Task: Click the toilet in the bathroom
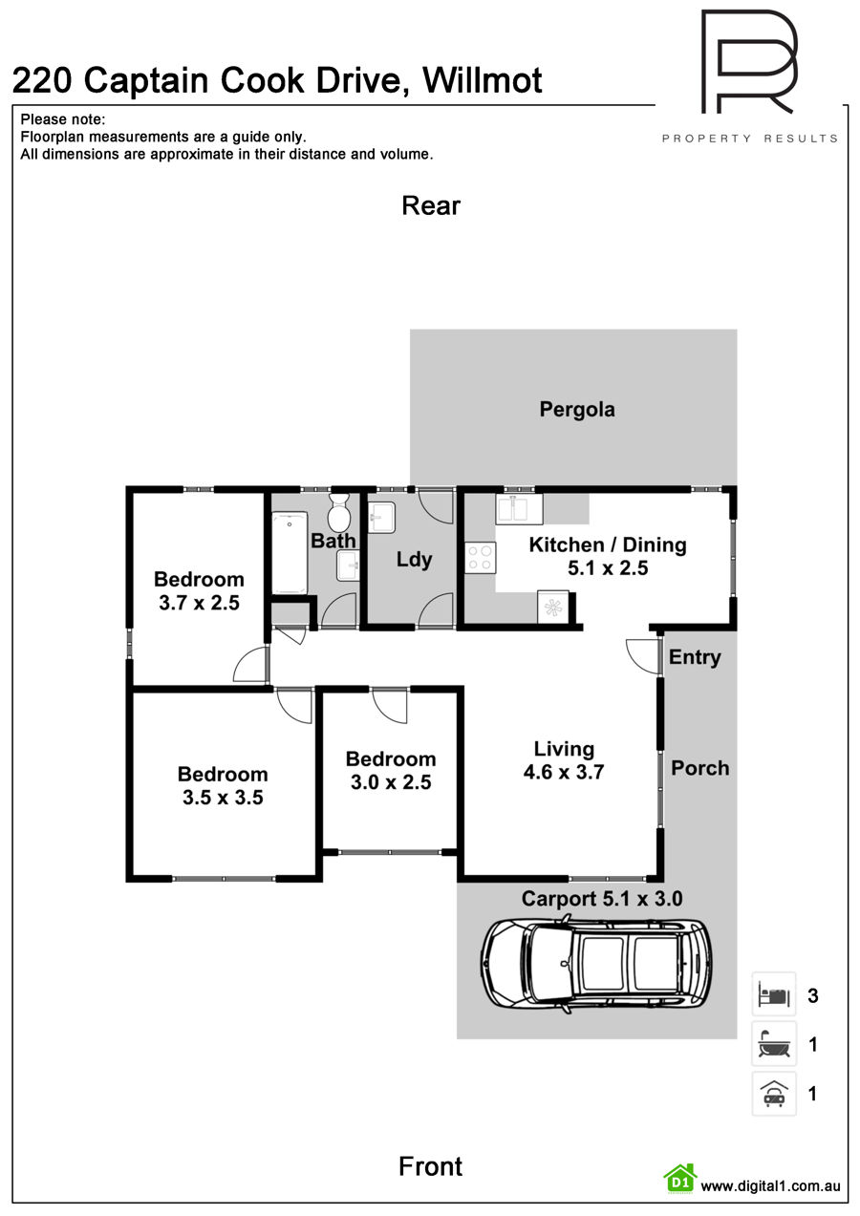coord(339,512)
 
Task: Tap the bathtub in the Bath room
coord(290,553)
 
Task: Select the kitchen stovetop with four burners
coord(480,558)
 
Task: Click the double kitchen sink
coord(519,509)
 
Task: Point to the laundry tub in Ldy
coord(381,518)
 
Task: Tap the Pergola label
coord(577,410)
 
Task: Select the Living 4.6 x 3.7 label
coord(564,760)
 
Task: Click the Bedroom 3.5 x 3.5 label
coord(223,785)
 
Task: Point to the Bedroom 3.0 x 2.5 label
coord(391,770)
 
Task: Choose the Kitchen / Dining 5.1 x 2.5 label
coord(608,556)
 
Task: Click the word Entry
coord(695,658)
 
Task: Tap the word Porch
coord(699,768)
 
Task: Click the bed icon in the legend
coord(774,994)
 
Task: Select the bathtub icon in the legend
coord(774,1043)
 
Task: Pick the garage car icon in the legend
coord(774,1094)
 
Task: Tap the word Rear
coord(431,206)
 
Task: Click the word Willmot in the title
coord(483,81)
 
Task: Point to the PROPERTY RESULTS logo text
coord(750,139)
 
